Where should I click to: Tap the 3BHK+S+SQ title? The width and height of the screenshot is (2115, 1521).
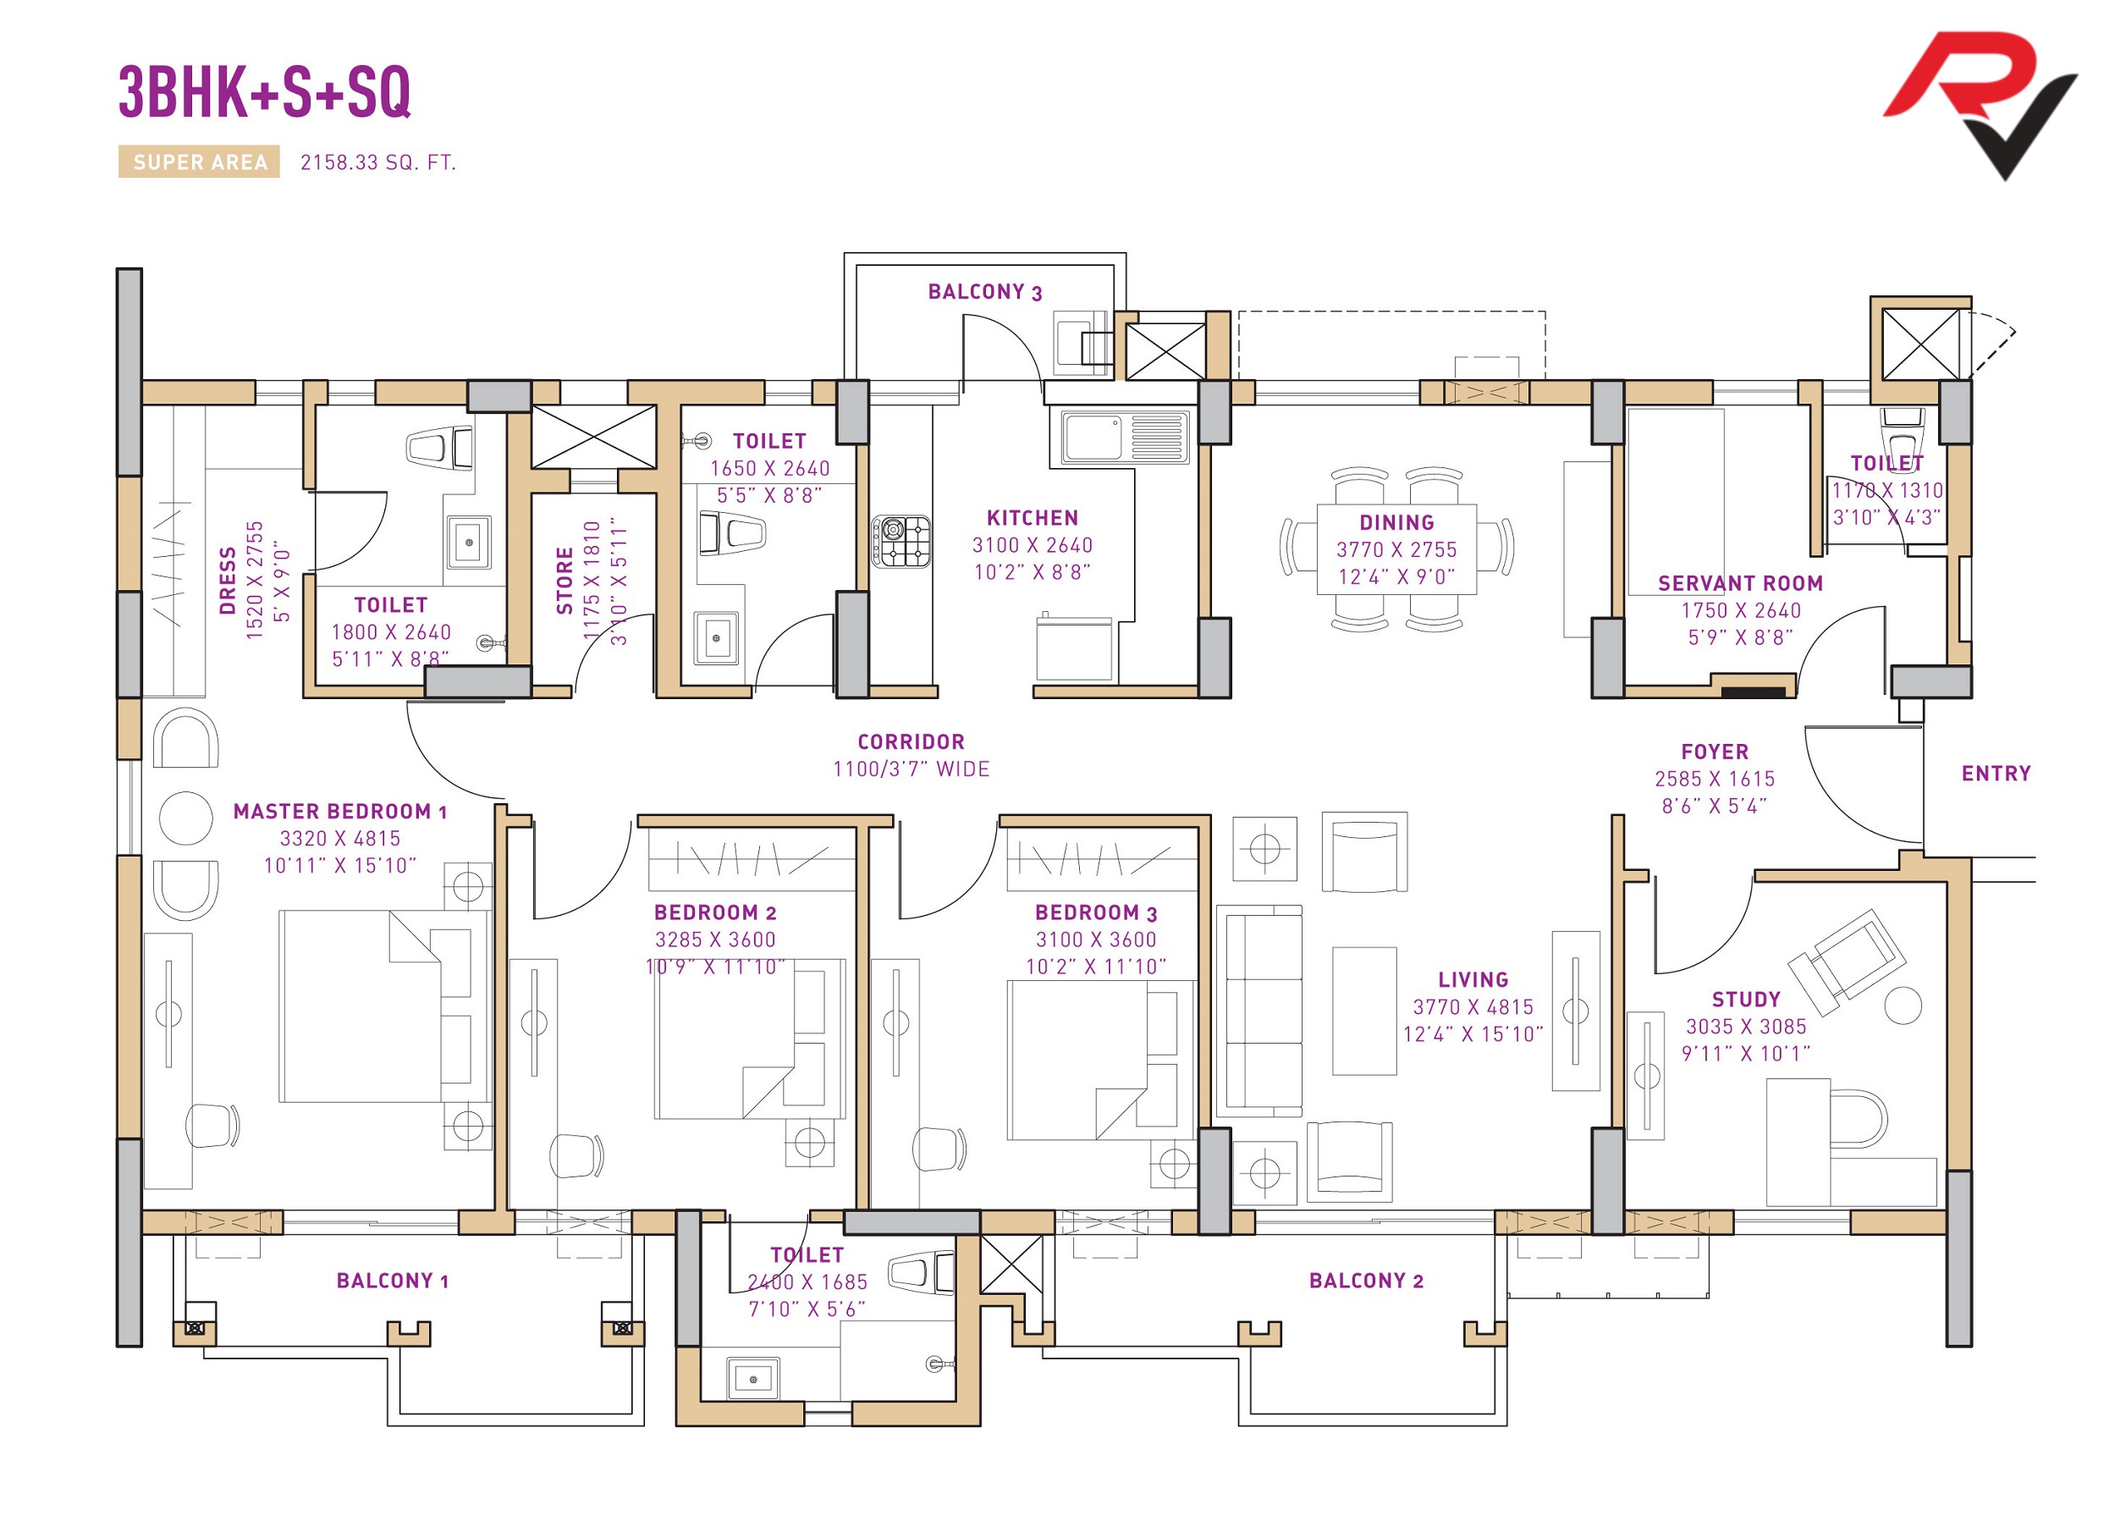click(265, 91)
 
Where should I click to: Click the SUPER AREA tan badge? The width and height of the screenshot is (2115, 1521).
click(199, 163)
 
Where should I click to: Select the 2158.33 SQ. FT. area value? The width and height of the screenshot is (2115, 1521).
click(377, 163)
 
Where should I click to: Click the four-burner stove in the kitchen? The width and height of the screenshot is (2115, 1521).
click(901, 542)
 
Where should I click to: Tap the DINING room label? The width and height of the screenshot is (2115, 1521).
click(1396, 523)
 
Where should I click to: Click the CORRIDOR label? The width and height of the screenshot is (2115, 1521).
click(912, 742)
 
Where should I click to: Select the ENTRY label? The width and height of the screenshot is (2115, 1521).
click(1996, 774)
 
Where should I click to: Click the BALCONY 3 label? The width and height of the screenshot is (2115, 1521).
click(985, 292)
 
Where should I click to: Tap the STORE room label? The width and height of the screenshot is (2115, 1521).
click(565, 581)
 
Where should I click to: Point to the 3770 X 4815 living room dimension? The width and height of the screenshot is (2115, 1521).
click(1473, 1007)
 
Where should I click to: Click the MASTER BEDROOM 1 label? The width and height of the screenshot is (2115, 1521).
click(340, 813)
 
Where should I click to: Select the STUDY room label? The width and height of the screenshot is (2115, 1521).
click(1746, 1000)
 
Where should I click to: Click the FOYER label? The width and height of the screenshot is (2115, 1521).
click(1714, 752)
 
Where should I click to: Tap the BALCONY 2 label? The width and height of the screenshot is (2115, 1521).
click(1366, 1281)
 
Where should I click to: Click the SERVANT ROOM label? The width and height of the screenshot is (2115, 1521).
click(1740, 584)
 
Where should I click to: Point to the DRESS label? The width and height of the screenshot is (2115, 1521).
click(228, 581)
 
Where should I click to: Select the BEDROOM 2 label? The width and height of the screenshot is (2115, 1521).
click(715, 913)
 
